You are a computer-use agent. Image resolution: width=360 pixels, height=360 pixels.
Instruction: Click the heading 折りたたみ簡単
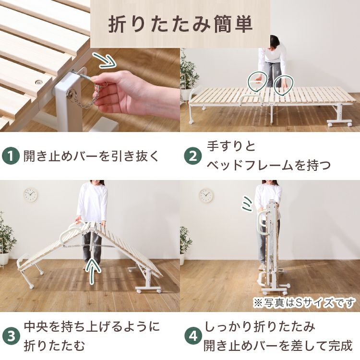180,24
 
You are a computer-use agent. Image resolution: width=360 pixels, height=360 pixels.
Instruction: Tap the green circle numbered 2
193,156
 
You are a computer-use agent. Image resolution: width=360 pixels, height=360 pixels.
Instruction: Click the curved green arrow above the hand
105,60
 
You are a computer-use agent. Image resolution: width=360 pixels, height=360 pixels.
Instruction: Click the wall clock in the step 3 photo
31,195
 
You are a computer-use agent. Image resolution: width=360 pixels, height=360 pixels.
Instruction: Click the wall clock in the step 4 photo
206,196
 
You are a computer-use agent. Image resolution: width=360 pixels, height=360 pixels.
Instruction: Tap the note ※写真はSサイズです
304,303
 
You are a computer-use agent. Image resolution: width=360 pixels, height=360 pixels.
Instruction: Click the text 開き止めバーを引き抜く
91,156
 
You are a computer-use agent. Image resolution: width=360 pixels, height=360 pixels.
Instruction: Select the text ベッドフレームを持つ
269,165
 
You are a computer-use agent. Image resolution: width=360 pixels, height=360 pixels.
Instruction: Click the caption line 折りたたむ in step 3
54,346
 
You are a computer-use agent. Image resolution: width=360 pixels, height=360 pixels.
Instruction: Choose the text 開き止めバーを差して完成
278,346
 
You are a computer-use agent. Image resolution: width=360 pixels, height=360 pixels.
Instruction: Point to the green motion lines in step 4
248,203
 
